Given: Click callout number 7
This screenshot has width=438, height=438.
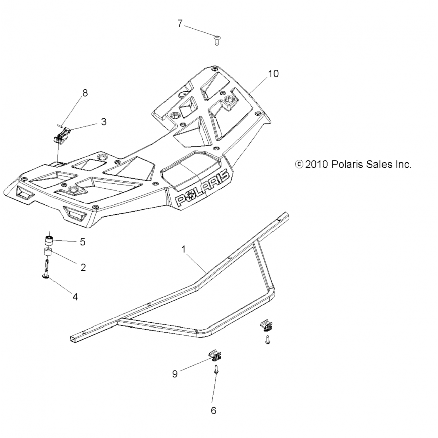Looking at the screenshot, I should point(180,23).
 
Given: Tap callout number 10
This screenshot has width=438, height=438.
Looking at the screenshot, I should point(273,74).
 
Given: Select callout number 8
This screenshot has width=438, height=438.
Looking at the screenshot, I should point(85,93).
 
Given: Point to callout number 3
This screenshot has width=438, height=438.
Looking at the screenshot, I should point(104,121).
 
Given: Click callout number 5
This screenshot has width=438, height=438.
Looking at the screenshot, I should point(83,242).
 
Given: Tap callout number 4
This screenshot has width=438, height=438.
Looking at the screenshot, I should point(75,297).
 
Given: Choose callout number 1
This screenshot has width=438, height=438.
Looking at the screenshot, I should point(183,249).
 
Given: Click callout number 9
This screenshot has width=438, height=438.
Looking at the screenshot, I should point(175,374).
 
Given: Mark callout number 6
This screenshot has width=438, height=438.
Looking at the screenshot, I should point(213,411).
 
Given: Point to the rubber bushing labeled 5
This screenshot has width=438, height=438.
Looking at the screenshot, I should point(48,241).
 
